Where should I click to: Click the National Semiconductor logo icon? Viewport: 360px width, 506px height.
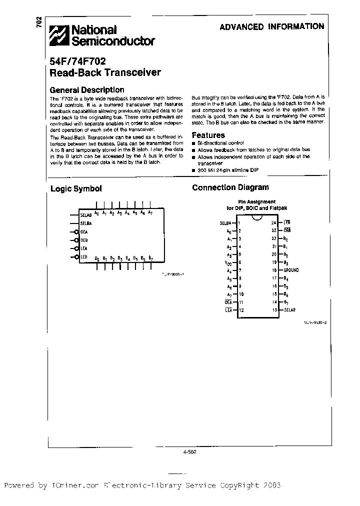coord(59,35)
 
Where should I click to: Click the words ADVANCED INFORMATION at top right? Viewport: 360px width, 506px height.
coord(271,26)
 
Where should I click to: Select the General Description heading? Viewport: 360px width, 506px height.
coord(87,90)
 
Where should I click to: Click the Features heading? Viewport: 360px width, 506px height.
coord(208,135)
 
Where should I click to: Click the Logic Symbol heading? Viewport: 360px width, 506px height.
coord(76,188)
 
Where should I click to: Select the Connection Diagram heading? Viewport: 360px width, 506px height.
coord(230,187)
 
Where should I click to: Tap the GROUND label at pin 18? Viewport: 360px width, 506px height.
coord(291,270)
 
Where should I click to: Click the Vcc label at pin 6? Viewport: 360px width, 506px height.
coord(228,262)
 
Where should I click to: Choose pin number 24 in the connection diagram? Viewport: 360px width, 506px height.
coord(273,222)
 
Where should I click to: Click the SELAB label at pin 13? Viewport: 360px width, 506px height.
coord(290,310)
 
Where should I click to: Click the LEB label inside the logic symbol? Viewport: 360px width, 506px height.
coord(84,257)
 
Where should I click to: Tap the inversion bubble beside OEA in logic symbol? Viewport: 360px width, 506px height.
coord(76,231)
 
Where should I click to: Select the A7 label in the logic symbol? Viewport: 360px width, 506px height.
coord(150,213)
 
